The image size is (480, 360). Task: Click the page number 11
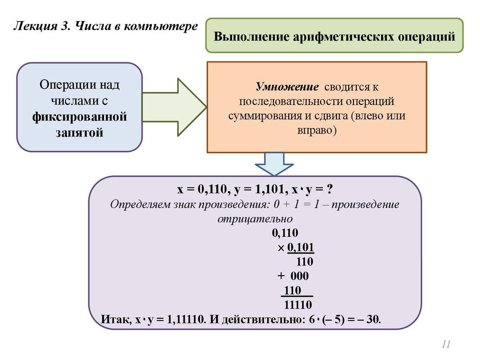click(x=446, y=345)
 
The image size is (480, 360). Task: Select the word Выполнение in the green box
click(x=251, y=37)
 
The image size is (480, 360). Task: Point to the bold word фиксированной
click(x=80, y=116)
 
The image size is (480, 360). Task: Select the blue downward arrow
click(x=274, y=164)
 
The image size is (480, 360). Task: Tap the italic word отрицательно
click(x=255, y=219)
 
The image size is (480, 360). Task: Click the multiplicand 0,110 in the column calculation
click(x=285, y=233)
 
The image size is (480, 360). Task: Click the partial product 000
click(x=299, y=276)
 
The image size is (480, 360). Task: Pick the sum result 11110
click(x=298, y=305)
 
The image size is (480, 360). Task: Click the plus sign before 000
click(x=280, y=276)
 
